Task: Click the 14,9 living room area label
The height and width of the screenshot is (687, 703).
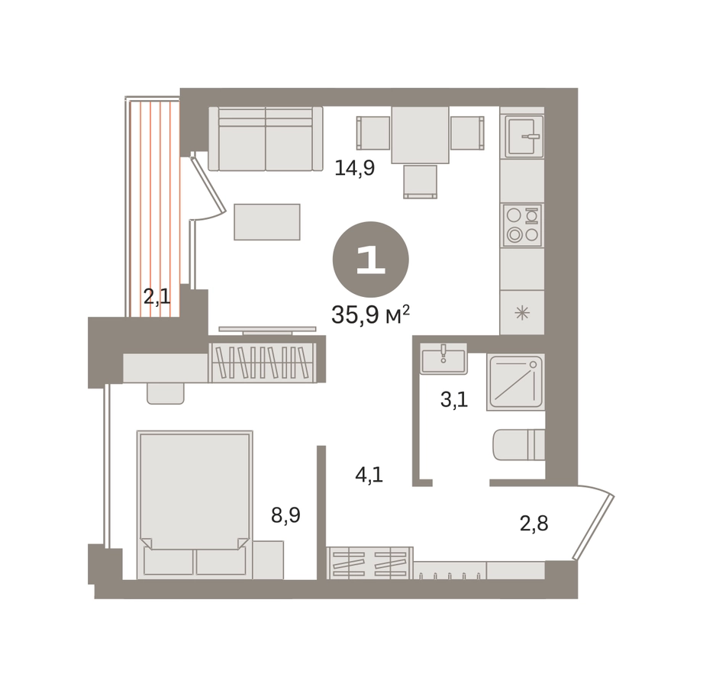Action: point(355,168)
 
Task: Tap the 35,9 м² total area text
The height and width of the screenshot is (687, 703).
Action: point(370,314)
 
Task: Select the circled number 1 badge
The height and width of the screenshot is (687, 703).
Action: point(370,260)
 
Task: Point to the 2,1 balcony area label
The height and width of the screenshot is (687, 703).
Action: point(157,296)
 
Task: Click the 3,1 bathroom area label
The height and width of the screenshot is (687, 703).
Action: point(454,399)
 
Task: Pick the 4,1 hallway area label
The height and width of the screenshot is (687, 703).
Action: point(369,475)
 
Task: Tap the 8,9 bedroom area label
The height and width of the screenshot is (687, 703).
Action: point(285,515)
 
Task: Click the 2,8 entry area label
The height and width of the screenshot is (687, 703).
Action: point(534,524)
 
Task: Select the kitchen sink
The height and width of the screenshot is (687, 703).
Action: point(524,137)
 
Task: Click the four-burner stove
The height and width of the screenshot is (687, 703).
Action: point(523,225)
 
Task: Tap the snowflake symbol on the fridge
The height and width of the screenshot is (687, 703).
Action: point(522,312)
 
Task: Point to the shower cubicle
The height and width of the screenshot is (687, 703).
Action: point(515,382)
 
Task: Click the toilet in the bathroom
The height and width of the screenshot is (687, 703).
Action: point(519,445)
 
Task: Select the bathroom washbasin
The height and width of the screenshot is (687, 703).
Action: point(443,358)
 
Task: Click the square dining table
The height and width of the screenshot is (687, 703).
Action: point(420,135)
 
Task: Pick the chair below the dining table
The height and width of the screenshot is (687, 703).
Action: point(420,182)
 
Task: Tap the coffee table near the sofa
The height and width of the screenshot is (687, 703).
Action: point(266,222)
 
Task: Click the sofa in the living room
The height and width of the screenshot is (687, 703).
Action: point(266,139)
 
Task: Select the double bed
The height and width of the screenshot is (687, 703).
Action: point(195,504)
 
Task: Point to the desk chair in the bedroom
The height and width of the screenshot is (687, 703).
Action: point(166,393)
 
